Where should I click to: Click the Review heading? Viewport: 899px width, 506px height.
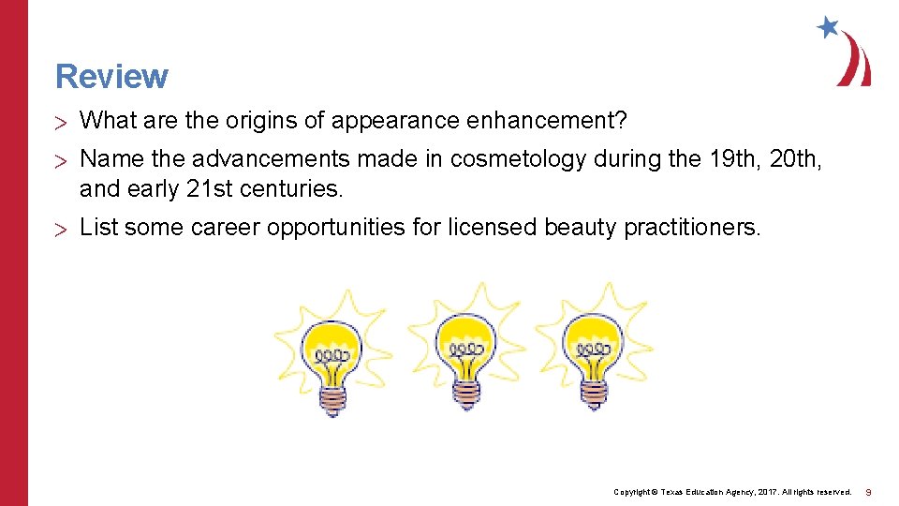click(111, 76)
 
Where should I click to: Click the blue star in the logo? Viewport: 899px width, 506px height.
click(828, 27)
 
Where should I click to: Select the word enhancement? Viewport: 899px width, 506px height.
click(547, 120)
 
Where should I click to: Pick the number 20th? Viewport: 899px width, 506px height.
click(795, 159)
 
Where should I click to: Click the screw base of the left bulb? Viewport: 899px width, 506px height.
click(332, 399)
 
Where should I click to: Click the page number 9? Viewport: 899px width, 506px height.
click(868, 491)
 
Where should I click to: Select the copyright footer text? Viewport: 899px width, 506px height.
click(731, 491)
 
